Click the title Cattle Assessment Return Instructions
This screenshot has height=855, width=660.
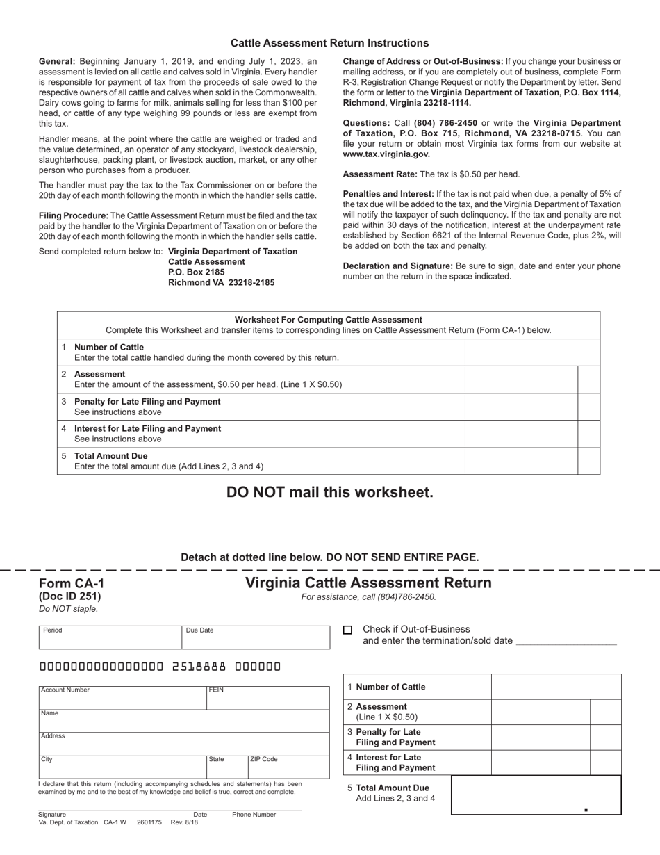(x=329, y=43)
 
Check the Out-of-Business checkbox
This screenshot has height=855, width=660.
(x=348, y=630)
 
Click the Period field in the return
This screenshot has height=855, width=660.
(x=110, y=637)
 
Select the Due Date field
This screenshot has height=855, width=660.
(x=255, y=637)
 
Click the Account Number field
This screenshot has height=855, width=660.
(x=122, y=698)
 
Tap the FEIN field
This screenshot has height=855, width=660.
(x=267, y=698)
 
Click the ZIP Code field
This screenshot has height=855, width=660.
(x=288, y=767)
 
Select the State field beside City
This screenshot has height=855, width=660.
(x=226, y=767)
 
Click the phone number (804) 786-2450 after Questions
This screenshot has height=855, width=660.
(x=446, y=123)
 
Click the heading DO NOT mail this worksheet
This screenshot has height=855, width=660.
(x=329, y=492)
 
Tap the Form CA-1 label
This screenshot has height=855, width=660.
(x=72, y=583)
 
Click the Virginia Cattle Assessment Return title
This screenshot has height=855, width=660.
(x=368, y=583)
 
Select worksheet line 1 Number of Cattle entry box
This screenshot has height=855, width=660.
(x=531, y=352)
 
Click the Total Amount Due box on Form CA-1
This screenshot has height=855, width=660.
(x=536, y=795)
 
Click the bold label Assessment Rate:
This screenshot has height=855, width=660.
(x=380, y=174)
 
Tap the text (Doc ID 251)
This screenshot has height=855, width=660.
(x=69, y=596)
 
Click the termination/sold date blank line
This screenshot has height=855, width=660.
(x=566, y=641)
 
